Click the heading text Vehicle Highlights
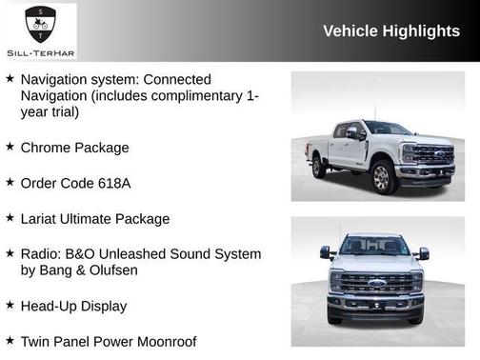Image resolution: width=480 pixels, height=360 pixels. coord(390,30)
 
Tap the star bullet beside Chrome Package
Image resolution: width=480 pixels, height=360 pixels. coord(10,148)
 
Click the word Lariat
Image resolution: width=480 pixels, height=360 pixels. coord(44,218)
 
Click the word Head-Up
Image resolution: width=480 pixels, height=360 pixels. coord(50,306)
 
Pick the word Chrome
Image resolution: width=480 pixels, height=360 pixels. coord(47,148)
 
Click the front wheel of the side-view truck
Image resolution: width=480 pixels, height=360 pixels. coord(382,178)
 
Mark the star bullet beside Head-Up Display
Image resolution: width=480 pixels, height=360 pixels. coord(10,306)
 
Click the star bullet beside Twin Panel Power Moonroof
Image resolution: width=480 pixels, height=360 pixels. coord(10,340)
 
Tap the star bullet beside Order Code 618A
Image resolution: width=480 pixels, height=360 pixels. coord(10,183)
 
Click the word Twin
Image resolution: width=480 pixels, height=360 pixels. coord(36,340)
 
